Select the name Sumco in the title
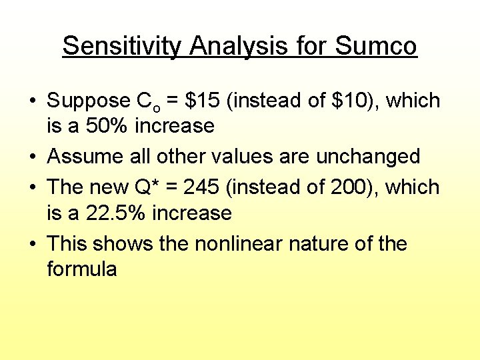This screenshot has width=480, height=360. (376, 46)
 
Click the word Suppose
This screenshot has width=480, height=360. (89, 101)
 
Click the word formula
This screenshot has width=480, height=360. (82, 269)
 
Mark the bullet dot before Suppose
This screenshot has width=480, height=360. (32, 101)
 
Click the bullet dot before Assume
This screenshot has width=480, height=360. (32, 157)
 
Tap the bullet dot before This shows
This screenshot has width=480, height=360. (32, 244)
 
